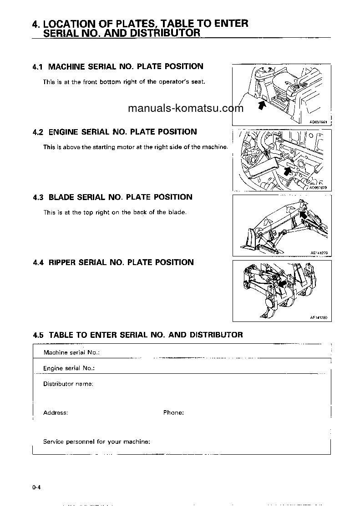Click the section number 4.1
pyautogui.click(x=38, y=67)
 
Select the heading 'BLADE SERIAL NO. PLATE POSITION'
pyautogui.click(x=120, y=197)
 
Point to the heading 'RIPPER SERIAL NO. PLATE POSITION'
pyautogui.click(x=121, y=262)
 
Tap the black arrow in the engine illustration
pyautogui.click(x=286, y=170)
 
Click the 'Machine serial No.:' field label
pyautogui.click(x=71, y=352)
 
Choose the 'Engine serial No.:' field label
pyautogui.click(x=69, y=368)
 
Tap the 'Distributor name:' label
pyautogui.click(x=68, y=384)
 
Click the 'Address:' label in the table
pyautogui.click(x=56, y=413)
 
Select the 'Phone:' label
pyautogui.click(x=173, y=413)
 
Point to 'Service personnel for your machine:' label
pyautogui.click(x=96, y=442)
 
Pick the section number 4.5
pyautogui.click(x=38, y=335)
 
